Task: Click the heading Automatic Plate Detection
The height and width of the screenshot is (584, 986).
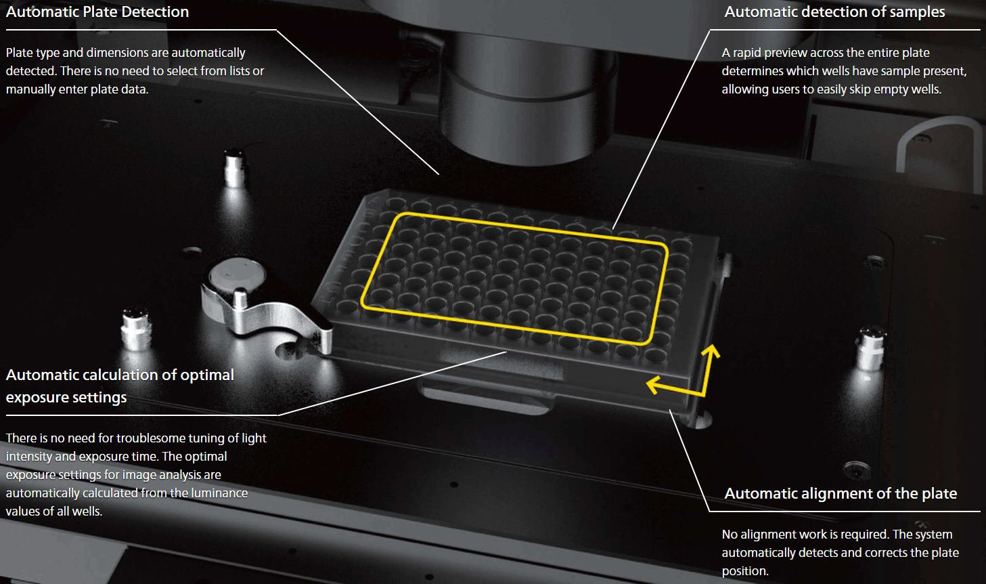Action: coord(97,12)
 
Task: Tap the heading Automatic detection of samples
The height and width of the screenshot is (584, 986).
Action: coord(834,12)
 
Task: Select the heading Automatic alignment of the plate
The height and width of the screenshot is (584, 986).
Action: coord(841,494)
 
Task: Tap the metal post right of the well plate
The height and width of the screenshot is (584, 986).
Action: coord(870,348)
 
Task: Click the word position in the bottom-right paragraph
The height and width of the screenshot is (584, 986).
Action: coord(745,571)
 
